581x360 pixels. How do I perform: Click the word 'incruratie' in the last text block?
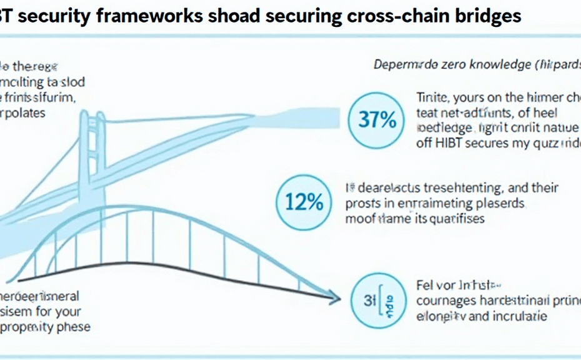[517, 316]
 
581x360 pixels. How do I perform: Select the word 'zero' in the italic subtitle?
[442, 64]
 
